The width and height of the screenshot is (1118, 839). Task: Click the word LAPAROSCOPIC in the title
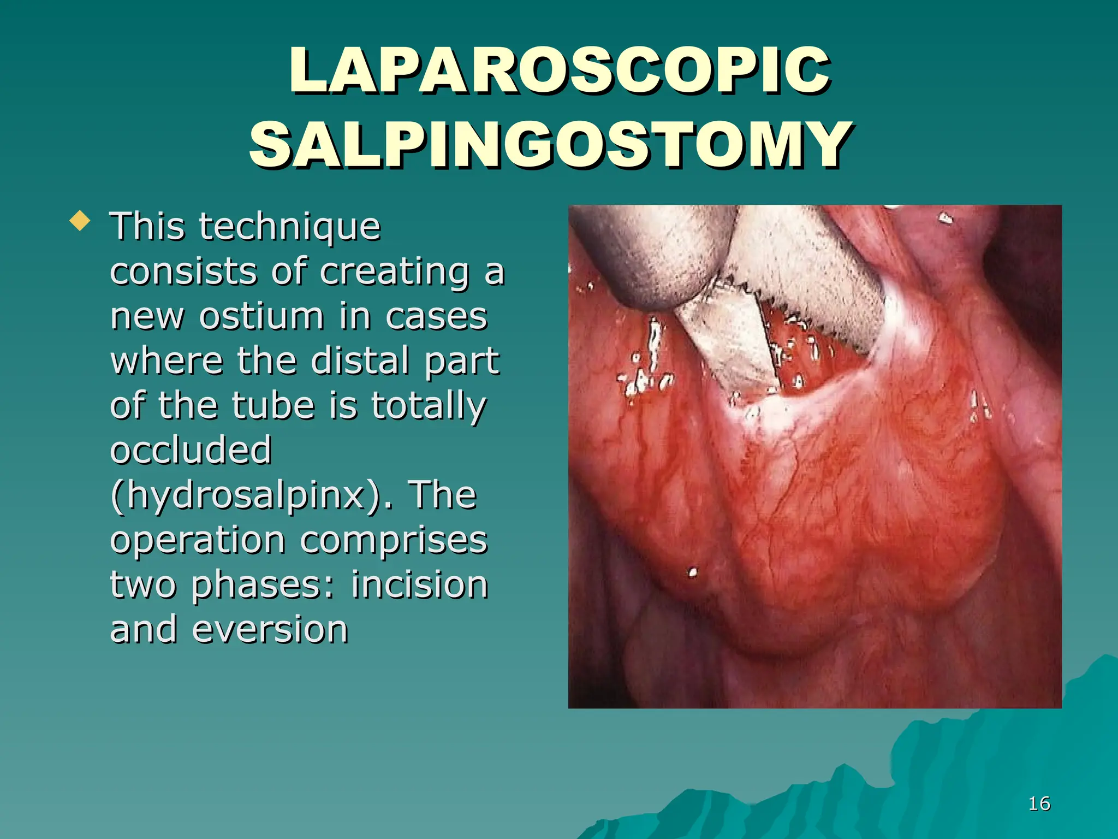tap(560, 71)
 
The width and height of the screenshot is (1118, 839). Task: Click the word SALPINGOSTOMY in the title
tap(550, 145)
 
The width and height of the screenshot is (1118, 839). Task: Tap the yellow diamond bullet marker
tap(80, 221)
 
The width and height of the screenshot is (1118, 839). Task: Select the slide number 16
tap(1039, 803)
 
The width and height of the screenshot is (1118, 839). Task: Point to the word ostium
tap(261, 316)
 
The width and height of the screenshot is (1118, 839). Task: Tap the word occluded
tap(191, 451)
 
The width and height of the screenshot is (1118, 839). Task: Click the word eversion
tap(270, 630)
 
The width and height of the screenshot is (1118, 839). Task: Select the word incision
tap(419, 585)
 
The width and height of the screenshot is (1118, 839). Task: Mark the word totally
tap(429, 406)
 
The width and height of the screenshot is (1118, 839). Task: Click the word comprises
tap(394, 540)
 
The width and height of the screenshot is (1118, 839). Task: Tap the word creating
tap(394, 271)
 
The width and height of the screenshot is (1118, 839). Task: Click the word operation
tap(198, 540)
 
